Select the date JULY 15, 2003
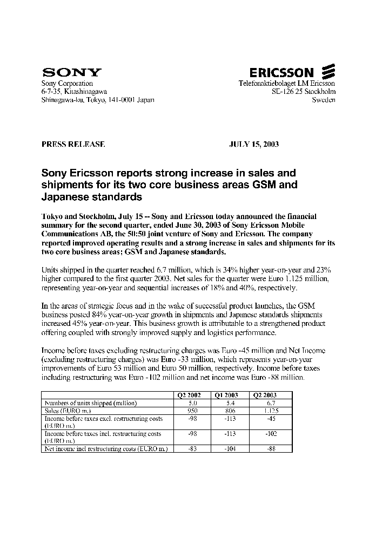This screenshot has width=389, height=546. [x=254, y=145]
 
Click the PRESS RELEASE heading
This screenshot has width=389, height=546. [x=73, y=145]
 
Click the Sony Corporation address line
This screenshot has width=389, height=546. [x=68, y=84]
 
